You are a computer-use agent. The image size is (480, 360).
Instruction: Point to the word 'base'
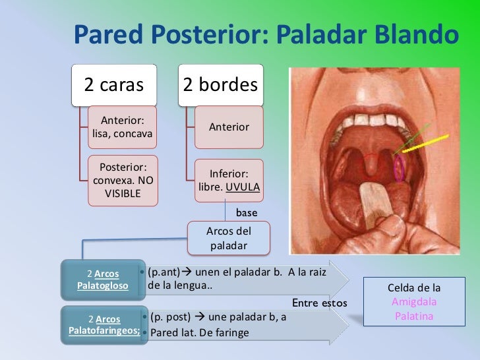click(247, 213)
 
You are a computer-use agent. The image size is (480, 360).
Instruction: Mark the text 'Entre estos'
click(319, 303)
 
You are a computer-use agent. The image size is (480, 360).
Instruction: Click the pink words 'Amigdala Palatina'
click(414, 309)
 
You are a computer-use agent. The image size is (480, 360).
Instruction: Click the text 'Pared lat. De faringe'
click(200, 332)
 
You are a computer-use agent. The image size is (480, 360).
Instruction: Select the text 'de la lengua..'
click(181, 286)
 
